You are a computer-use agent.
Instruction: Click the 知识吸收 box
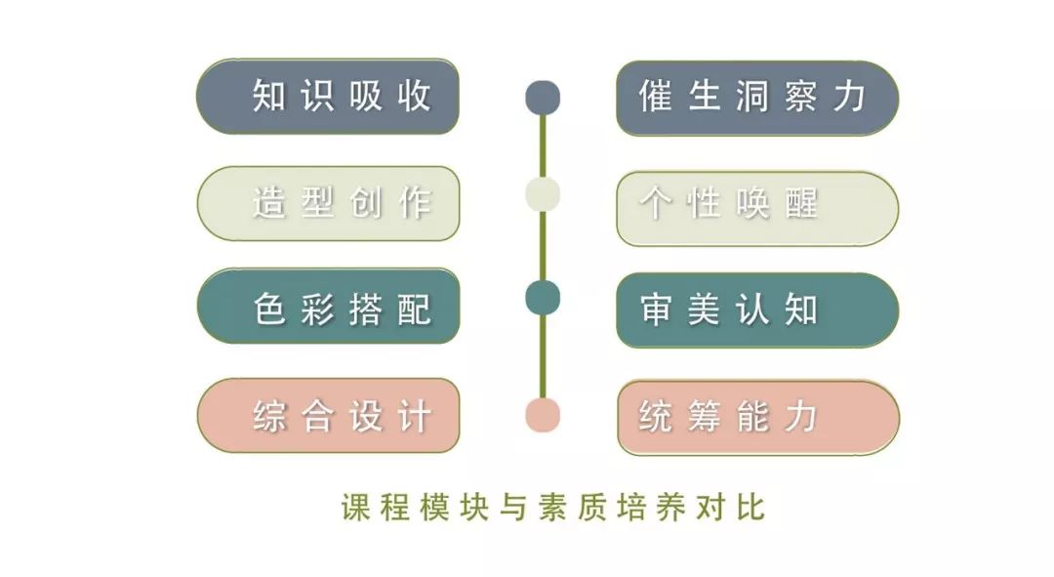point(328,96)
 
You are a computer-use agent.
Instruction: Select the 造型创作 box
point(328,203)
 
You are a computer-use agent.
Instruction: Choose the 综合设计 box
point(328,416)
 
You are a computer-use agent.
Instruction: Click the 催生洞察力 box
point(757,99)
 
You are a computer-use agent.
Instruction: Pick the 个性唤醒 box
point(757,208)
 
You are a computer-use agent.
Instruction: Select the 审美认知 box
point(757,310)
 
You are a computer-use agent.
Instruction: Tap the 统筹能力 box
point(758,418)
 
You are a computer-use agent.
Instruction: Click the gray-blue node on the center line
point(543,98)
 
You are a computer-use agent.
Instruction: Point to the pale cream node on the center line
point(543,194)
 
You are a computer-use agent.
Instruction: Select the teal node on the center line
point(543,298)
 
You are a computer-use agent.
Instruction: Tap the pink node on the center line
point(543,414)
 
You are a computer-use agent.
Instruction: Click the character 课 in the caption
point(355,508)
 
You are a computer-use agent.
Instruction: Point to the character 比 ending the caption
point(750,508)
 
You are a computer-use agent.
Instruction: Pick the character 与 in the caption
point(513,508)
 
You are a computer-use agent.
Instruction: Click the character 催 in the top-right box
point(656,96)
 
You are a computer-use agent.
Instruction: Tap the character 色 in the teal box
point(269,309)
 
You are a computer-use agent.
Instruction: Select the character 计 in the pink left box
point(415,416)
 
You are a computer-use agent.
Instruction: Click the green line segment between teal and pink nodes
point(543,356)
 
